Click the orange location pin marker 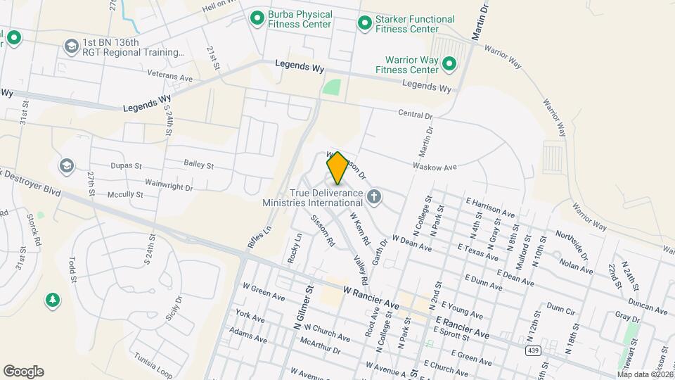pyautogui.click(x=337, y=167)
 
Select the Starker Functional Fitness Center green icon pyautogui.click(x=364, y=24)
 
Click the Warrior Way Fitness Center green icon pyautogui.click(x=449, y=65)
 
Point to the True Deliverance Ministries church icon pyautogui.click(x=374, y=196)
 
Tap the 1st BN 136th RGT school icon pyautogui.click(x=70, y=47)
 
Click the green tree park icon pyautogui.click(x=52, y=301)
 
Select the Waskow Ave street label pyautogui.click(x=440, y=167)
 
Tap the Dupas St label pyautogui.click(x=126, y=167)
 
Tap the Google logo pyautogui.click(x=23, y=372)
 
